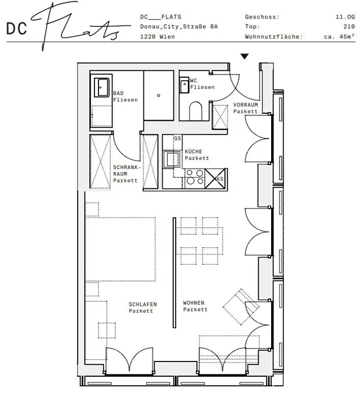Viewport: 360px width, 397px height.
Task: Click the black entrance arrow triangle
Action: point(244,56)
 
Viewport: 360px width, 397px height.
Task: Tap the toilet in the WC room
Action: point(196,111)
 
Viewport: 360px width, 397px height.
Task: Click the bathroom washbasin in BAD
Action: point(102,87)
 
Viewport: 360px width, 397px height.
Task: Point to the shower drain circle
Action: point(159,96)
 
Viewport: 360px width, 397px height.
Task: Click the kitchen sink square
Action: point(172,159)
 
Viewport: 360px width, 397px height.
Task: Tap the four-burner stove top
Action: point(195,177)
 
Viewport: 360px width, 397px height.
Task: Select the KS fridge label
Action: point(220,179)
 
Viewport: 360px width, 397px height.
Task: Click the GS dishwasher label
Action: point(177,138)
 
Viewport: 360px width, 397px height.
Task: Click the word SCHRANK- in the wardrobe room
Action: point(127,167)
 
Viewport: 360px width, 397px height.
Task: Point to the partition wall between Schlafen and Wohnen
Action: point(174,273)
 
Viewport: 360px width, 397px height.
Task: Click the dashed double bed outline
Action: point(120,249)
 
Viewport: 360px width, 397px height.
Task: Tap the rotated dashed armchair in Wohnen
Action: point(241,307)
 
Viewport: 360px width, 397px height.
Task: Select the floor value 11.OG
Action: point(345,17)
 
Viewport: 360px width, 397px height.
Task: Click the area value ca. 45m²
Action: point(339,37)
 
